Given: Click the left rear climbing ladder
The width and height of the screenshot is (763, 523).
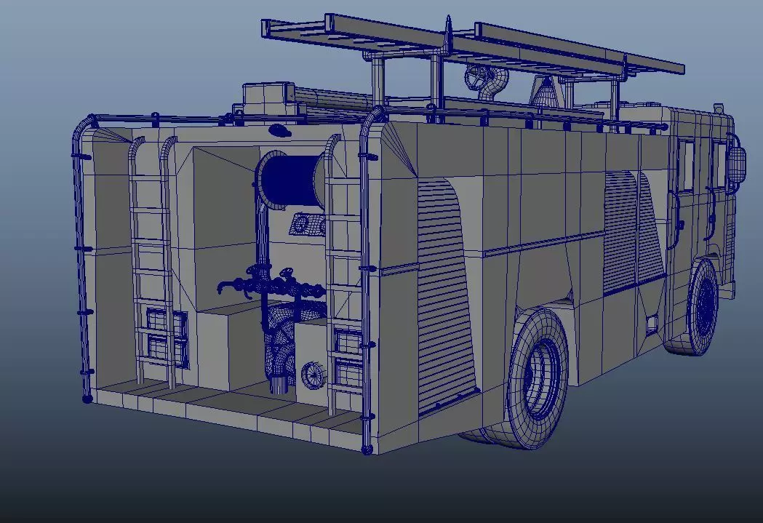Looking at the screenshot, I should pyautogui.click(x=153, y=262).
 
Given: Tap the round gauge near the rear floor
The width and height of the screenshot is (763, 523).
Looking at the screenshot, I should pyautogui.click(x=313, y=375).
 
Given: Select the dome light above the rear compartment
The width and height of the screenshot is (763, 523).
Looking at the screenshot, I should pyautogui.click(x=279, y=130).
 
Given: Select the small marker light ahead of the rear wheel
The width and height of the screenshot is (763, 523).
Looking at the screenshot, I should pyautogui.click(x=651, y=322).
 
